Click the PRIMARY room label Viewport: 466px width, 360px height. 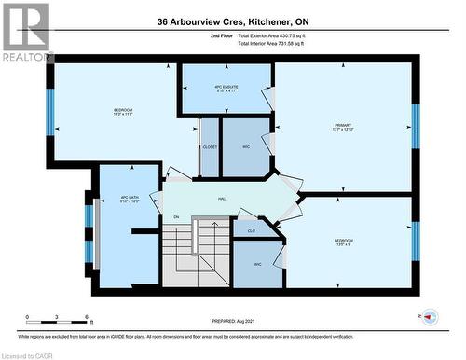coord(342,124)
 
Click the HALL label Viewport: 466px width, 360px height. coord(223,199)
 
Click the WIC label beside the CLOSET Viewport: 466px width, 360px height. coord(245,147)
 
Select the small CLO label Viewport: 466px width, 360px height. coord(251,229)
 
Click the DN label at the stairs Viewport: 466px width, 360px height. coord(175,217)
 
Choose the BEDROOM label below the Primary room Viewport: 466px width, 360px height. coord(344,242)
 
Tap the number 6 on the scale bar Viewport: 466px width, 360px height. coord(87,318)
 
